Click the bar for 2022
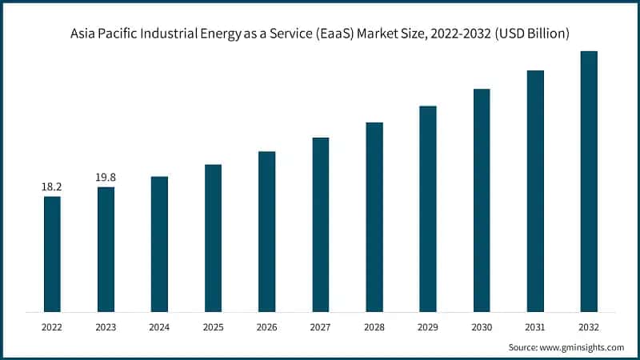tap(52, 254)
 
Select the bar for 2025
tap(213, 238)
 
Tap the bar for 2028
tap(374, 217)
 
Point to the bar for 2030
tap(482, 200)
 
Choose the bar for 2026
tap(266, 231)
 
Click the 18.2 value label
tap(52, 186)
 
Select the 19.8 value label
tap(106, 177)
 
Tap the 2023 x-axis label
tap(106, 326)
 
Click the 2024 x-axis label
tap(159, 326)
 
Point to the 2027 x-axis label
tap(320, 326)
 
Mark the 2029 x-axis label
tap(428, 326)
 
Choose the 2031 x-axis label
tap(535, 326)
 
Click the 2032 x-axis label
tap(589, 326)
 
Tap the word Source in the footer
tap(525, 347)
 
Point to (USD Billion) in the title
tap(531, 34)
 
